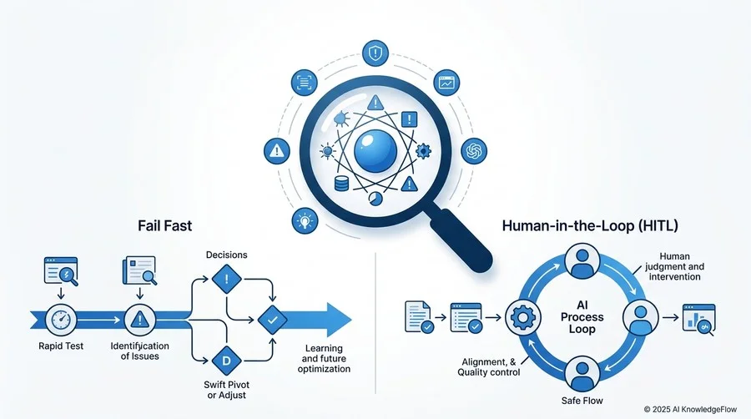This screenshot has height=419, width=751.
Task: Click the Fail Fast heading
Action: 164,225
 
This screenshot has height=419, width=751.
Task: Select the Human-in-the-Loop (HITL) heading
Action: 590,225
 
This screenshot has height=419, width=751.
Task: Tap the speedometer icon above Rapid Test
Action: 61,320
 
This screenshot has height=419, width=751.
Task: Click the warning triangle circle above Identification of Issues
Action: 139,320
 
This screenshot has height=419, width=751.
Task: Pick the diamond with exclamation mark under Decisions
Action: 226,279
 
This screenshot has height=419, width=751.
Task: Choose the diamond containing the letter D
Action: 226,360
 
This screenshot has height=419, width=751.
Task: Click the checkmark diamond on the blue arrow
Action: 273,320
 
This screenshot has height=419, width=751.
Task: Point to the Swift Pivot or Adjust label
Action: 226,390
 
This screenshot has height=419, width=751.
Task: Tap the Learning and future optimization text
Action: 324,359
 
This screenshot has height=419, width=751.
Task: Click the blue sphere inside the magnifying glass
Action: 375,151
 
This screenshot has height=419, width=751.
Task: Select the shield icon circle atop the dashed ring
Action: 375,53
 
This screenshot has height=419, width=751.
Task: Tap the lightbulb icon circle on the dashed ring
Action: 305,220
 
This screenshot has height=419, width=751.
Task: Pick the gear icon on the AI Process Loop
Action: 523,317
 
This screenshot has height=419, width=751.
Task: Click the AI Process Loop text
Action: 582,317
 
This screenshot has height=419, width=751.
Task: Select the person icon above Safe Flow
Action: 582,374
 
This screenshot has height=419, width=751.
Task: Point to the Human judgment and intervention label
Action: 674,267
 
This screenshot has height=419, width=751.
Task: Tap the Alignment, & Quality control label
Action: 489,367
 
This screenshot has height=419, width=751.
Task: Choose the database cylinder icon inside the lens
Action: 341,183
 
